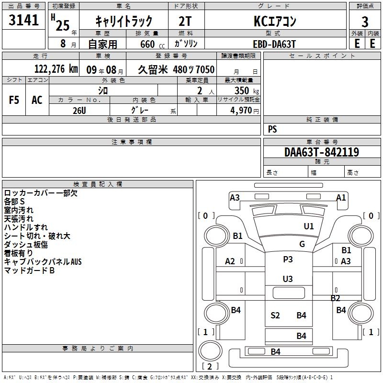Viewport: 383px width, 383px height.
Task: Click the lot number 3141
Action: point(23,20)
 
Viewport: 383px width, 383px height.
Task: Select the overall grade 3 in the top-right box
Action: point(365,22)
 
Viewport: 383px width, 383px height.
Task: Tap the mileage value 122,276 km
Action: point(56,69)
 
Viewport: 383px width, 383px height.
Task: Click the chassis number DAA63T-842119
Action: point(322,152)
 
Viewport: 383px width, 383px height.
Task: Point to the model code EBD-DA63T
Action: point(274,44)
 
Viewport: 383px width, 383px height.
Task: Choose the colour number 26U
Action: point(79,111)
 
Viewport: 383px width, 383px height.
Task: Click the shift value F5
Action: point(14,100)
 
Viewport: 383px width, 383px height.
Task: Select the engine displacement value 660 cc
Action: point(152,44)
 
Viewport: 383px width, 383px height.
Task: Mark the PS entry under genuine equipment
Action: point(272,129)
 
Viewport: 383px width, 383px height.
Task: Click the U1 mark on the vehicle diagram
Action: point(309,226)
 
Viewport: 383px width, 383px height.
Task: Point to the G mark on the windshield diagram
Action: point(302,244)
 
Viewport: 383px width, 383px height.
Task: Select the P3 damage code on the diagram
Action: point(288,259)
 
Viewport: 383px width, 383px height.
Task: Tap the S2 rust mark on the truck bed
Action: point(275,315)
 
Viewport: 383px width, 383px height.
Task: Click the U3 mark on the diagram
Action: point(288,279)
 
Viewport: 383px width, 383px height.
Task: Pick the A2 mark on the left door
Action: point(230,261)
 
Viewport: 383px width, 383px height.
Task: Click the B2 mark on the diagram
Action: point(336,298)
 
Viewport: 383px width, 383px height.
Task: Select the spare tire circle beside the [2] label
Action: point(210,350)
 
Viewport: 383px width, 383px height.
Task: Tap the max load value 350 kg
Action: point(247,90)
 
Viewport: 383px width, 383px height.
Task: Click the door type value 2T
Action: point(185,22)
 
